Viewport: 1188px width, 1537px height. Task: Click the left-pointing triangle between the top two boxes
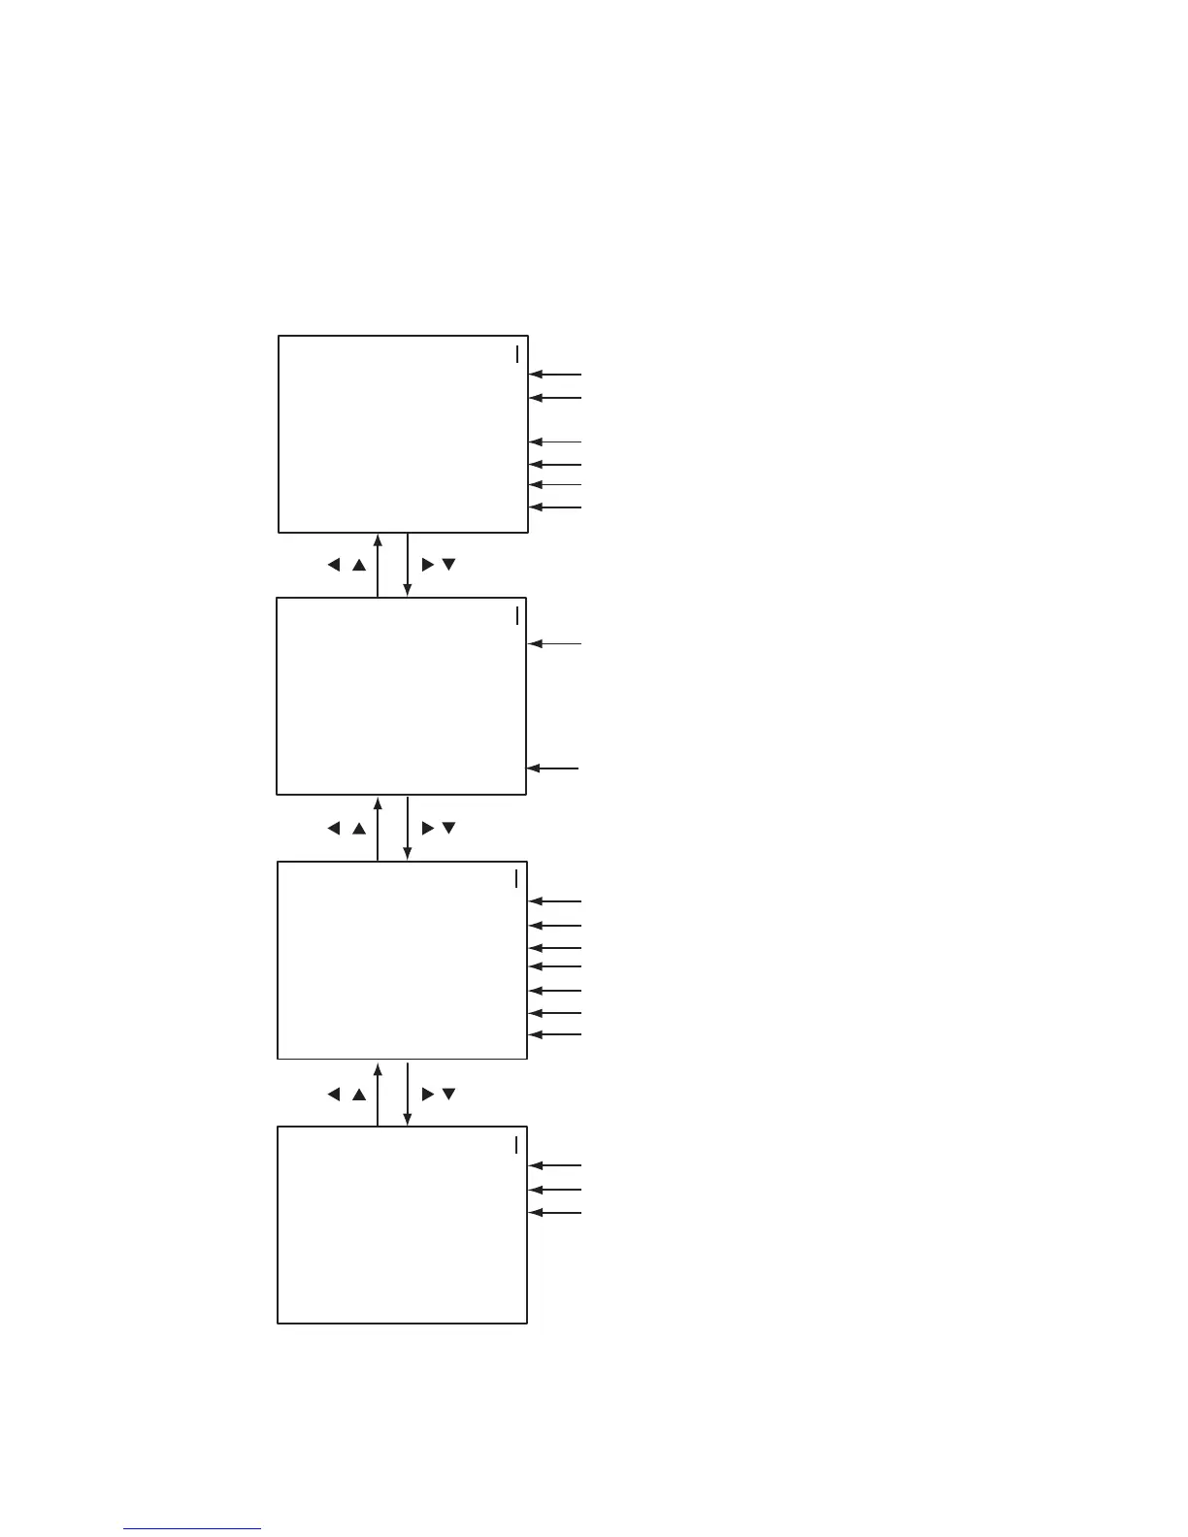click(x=334, y=565)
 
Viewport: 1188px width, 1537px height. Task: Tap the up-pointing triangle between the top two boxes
click(x=359, y=565)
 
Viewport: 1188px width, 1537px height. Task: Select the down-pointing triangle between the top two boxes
click(x=448, y=565)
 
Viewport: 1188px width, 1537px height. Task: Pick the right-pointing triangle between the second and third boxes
click(x=427, y=829)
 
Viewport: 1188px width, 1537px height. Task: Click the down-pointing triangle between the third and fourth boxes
click(x=448, y=1095)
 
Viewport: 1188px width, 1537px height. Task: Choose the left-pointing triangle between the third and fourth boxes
click(x=334, y=1095)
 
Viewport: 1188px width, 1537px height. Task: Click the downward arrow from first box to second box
click(x=408, y=565)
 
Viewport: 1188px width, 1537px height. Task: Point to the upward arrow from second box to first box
click(x=378, y=565)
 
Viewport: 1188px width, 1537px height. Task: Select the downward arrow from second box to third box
click(x=408, y=828)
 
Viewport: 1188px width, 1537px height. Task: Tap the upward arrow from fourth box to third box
click(x=378, y=1094)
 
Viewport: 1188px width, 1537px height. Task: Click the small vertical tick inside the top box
click(x=517, y=353)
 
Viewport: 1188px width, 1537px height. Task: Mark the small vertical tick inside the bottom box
click(x=516, y=1144)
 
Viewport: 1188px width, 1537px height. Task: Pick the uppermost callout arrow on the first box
click(x=555, y=374)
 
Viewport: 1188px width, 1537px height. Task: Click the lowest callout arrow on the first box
click(x=555, y=507)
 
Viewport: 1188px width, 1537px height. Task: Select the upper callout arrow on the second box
click(x=554, y=643)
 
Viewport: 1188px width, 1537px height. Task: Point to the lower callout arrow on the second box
click(x=552, y=768)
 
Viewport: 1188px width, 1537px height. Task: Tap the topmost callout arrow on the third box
click(x=555, y=901)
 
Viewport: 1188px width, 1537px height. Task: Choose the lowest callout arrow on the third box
click(x=555, y=1035)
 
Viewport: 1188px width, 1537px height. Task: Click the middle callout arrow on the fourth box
click(x=555, y=1190)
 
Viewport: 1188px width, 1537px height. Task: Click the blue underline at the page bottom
click(x=192, y=1529)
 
